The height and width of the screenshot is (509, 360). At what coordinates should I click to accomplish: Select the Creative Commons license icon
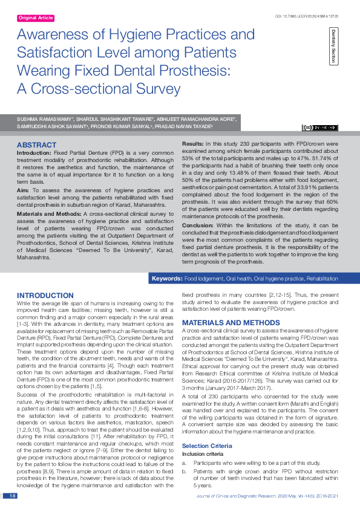pos(320,128)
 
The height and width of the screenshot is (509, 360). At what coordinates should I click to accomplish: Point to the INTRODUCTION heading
pos(45,295)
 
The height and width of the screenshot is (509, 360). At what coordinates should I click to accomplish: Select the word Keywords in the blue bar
pos(167,279)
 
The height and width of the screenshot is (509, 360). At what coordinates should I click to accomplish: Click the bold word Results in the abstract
pos(193,143)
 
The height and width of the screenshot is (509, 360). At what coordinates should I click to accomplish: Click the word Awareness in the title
pos(56,34)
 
